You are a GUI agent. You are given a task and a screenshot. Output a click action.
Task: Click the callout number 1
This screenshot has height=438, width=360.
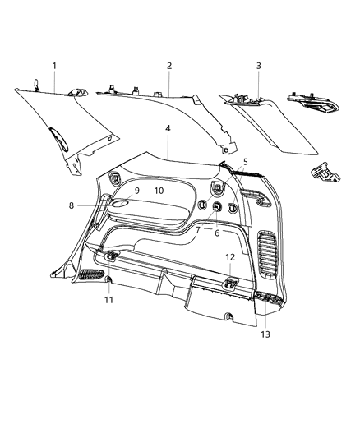click(54, 65)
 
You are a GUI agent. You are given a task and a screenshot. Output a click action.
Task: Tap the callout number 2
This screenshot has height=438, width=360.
click(168, 65)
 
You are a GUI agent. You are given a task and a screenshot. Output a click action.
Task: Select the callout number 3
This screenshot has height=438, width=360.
click(258, 66)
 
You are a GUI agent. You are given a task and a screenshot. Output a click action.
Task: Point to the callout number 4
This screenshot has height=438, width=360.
click(168, 129)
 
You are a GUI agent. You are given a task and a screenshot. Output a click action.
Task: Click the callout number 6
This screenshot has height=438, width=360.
click(216, 233)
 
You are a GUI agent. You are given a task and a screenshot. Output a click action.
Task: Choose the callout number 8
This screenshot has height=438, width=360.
click(71, 205)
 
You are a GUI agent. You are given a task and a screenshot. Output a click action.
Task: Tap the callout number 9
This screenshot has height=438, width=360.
click(136, 191)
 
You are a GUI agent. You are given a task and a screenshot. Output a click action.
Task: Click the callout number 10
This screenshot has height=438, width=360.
click(159, 191)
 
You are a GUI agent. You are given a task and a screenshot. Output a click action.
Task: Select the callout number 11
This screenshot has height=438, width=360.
click(109, 299)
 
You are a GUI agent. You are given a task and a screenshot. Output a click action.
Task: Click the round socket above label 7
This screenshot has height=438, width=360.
click(218, 207)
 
